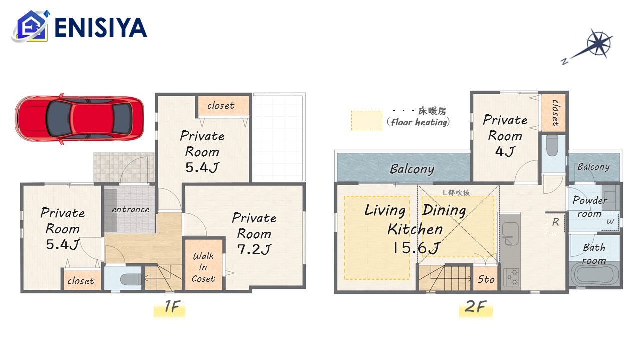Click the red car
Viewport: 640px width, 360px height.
point(79,119)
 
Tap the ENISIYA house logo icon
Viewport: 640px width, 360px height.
point(31,26)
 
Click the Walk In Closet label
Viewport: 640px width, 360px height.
point(203,267)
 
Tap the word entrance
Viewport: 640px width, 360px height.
point(130,209)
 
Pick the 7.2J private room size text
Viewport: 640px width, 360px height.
point(254,249)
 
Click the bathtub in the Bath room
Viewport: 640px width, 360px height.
point(594,275)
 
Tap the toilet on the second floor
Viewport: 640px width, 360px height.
point(552,145)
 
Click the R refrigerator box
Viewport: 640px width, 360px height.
point(555,222)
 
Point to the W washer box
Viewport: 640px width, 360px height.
point(610,222)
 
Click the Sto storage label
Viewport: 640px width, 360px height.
point(486,279)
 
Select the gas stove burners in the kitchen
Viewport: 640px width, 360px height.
point(511,277)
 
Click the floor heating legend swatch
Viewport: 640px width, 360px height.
point(367,120)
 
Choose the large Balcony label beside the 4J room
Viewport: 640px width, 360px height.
point(412,169)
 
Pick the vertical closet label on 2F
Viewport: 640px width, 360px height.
point(555,113)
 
